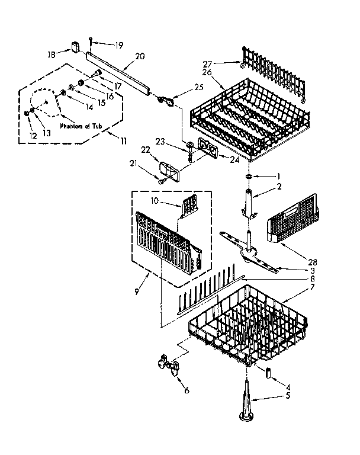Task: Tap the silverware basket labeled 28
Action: [292, 225]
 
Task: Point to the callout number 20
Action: [140, 57]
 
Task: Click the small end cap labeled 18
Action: [75, 46]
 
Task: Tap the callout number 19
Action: [119, 44]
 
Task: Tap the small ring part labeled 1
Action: [249, 177]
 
